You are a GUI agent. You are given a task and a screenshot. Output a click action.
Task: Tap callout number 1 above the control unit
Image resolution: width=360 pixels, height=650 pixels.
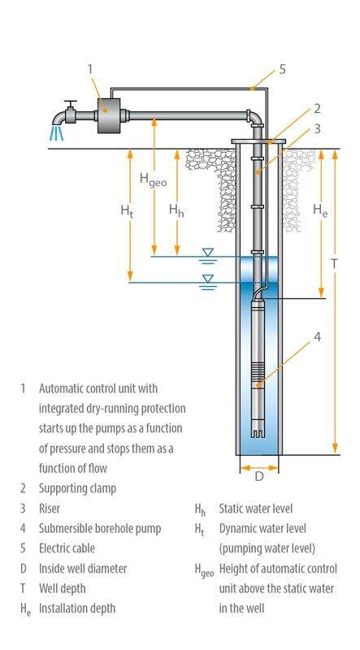(x=90, y=69)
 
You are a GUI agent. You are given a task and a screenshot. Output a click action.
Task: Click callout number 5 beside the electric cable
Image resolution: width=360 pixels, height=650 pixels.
(x=281, y=69)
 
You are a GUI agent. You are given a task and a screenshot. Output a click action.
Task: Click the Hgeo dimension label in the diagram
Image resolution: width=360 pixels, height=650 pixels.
(x=152, y=180)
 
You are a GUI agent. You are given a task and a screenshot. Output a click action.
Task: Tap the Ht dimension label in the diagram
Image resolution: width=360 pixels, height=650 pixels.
(x=126, y=210)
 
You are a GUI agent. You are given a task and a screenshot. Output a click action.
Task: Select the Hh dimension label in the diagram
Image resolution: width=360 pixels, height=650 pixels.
(x=176, y=210)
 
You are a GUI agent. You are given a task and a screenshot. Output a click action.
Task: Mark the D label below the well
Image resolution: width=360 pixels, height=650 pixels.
(x=258, y=477)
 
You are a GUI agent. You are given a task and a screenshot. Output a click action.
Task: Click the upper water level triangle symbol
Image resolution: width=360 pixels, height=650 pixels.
(x=208, y=253)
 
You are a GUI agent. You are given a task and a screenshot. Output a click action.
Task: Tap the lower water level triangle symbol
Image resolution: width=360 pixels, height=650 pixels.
(x=208, y=278)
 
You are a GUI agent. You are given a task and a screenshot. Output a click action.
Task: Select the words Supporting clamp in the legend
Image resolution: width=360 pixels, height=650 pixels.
(x=76, y=488)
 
